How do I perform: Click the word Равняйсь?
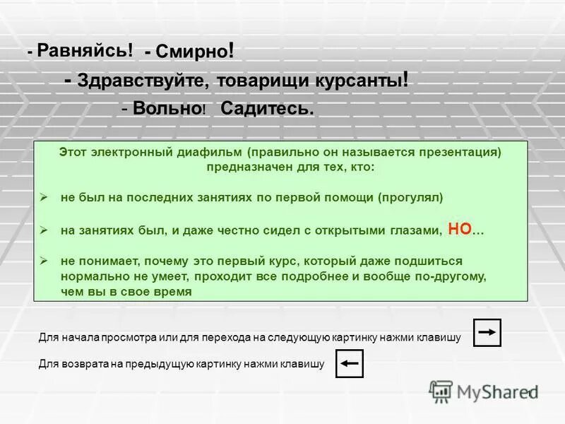click(x=85, y=50)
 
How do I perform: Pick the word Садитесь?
click(x=267, y=109)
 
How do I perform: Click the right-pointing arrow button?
click(x=487, y=332)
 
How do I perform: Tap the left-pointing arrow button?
click(x=349, y=364)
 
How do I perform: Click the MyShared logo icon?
click(x=441, y=391)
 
